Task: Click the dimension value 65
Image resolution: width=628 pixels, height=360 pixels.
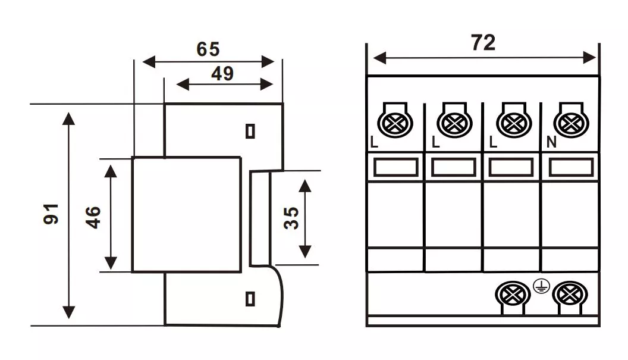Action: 208,49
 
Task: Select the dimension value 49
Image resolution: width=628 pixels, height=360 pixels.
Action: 222,74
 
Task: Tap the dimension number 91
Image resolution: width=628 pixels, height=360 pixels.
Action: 52,214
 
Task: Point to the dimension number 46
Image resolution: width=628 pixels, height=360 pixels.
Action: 93,217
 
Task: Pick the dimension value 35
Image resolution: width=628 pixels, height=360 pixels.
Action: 291,217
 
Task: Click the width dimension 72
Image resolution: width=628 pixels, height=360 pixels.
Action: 483,43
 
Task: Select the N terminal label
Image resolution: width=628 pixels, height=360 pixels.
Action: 550,143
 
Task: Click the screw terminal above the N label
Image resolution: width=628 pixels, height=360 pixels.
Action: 571,124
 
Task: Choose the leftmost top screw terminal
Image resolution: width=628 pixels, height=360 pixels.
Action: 396,124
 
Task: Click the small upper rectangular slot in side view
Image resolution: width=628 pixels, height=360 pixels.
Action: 250,131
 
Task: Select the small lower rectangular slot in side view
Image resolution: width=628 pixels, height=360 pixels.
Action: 250,298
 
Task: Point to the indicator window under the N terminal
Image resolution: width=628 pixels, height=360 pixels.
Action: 570,167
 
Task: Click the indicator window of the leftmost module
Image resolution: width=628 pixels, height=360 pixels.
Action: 395,167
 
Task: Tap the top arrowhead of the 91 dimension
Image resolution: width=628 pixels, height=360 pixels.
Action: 69,118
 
